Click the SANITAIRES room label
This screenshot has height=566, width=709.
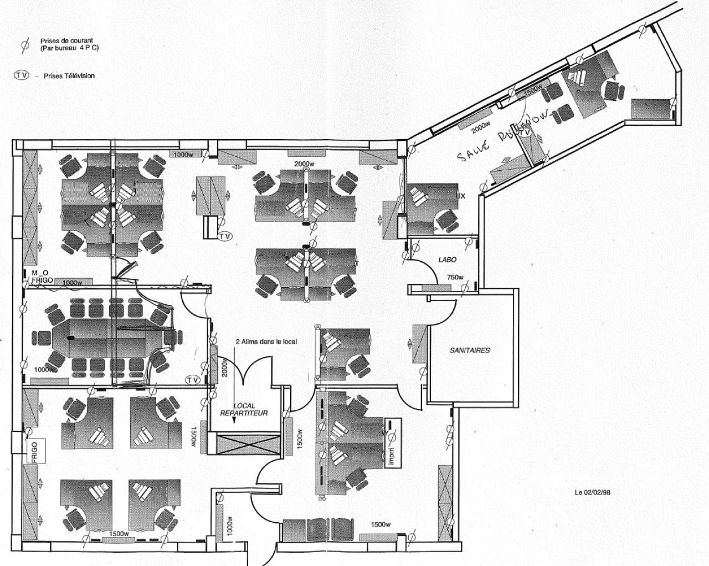tap(469, 350)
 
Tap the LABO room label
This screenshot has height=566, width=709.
tap(447, 259)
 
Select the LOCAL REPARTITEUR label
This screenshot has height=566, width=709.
tap(244, 410)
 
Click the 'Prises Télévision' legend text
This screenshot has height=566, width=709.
tap(69, 76)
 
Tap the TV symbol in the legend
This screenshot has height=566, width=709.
tap(22, 75)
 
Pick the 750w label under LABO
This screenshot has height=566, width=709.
tap(455, 278)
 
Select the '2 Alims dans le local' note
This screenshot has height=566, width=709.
tap(266, 341)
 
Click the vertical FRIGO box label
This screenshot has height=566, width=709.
tap(34, 447)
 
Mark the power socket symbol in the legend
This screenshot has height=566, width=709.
tap(24, 45)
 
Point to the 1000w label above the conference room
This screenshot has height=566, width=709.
tap(72, 283)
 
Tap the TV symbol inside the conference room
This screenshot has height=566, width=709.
tap(192, 380)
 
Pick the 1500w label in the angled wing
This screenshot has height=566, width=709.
tap(532, 90)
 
